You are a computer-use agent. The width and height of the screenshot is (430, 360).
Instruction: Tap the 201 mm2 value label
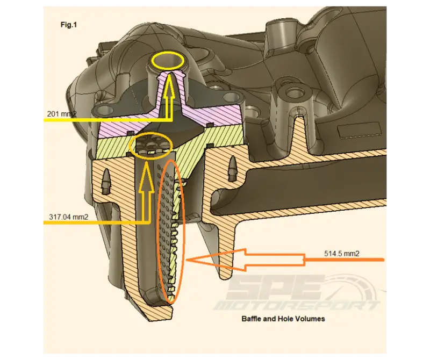(x=60, y=114)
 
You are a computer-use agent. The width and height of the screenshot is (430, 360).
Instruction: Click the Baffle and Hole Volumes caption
(x=283, y=319)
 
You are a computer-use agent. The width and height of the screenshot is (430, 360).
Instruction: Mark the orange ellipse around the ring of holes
(x=150, y=145)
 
